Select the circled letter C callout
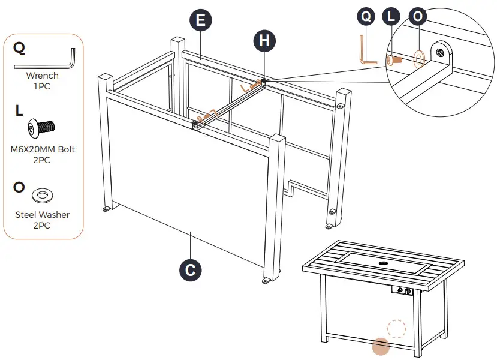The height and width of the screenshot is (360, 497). pos(190,270)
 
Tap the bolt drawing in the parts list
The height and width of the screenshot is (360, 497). pos(41,127)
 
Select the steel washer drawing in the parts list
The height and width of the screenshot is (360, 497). pos(42,194)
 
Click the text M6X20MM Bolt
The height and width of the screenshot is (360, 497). pos(43,149)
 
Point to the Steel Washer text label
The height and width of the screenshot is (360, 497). pos(43,214)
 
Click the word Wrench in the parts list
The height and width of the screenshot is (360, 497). pos(43,76)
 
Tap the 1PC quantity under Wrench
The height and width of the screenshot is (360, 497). pos(43,86)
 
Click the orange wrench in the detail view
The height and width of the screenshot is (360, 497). pos(367,51)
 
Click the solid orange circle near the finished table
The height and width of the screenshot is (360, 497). pos(381,346)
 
